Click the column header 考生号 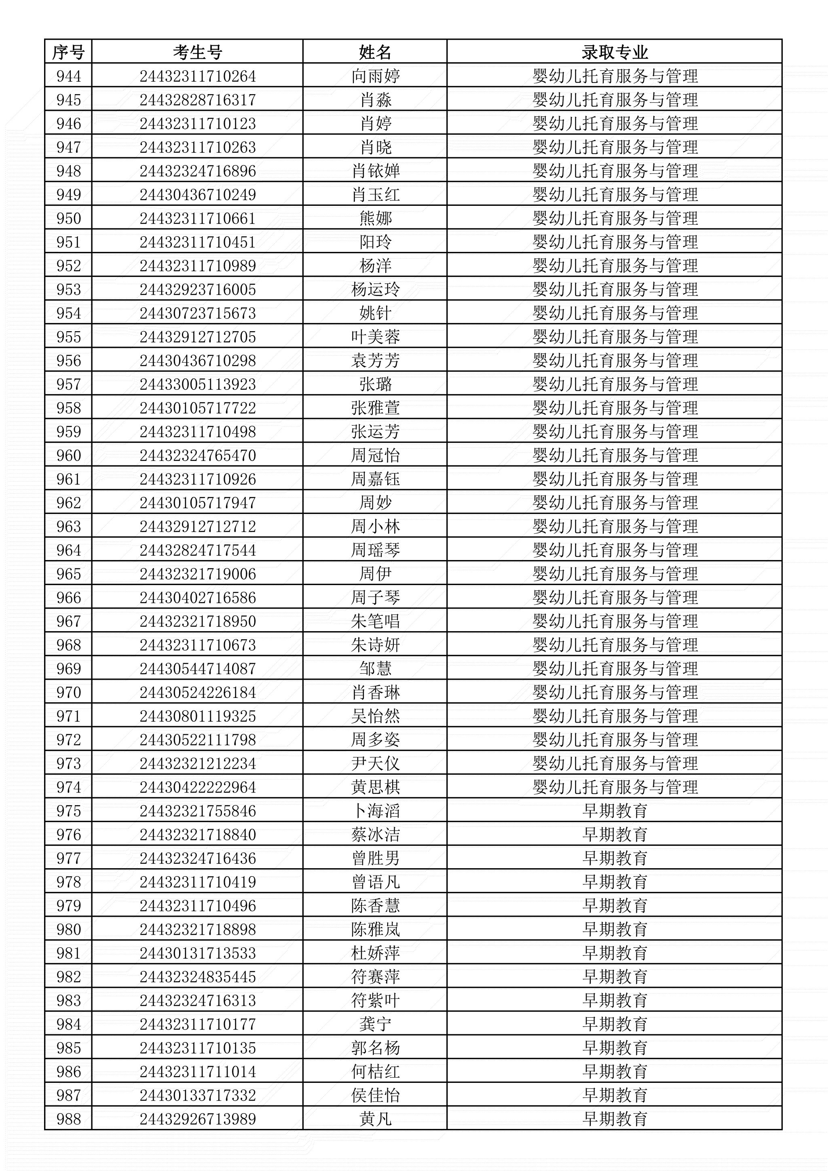click(197, 52)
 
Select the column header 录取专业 click(615, 52)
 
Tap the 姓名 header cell click(375, 52)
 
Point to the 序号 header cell click(68, 52)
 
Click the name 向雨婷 click(375, 76)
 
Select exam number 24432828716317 click(197, 100)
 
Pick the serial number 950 click(68, 218)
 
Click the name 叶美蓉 click(375, 336)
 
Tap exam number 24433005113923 click(197, 384)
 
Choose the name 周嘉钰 click(375, 479)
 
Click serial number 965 click(68, 574)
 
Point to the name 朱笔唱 click(375, 621)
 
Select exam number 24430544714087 click(197, 669)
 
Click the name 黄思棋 click(375, 787)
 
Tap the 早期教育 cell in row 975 click(615, 811)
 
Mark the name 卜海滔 click(375, 811)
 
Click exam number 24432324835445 click(197, 977)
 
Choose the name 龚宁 click(375, 1024)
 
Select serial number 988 click(68, 1119)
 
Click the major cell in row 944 click(615, 76)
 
